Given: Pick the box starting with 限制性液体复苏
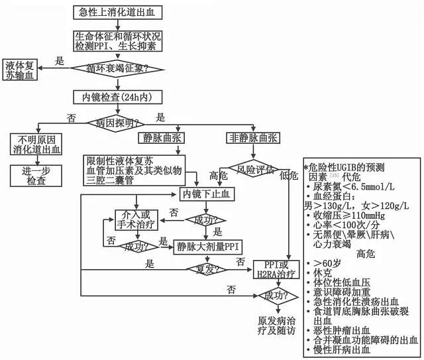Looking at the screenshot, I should pyautogui.click(x=134, y=170).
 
